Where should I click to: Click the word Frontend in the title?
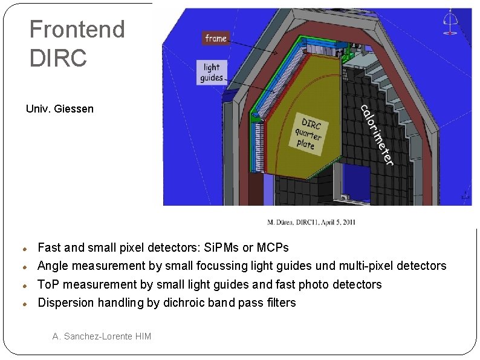77,29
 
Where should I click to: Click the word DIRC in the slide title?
58,58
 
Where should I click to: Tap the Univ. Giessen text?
60,109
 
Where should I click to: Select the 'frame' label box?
216,38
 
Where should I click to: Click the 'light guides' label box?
212,72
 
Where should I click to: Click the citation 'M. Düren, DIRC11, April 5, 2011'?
311,222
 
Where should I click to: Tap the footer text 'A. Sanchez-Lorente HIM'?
102,336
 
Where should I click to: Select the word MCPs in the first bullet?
272,247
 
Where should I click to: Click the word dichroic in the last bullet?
185,303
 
